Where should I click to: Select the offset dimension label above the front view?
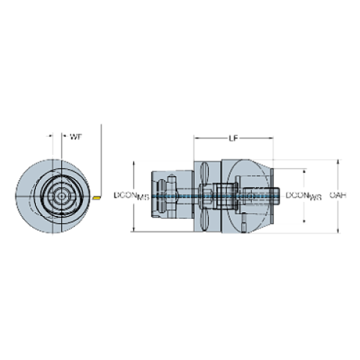(74, 137)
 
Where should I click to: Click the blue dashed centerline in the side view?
(184, 196)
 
